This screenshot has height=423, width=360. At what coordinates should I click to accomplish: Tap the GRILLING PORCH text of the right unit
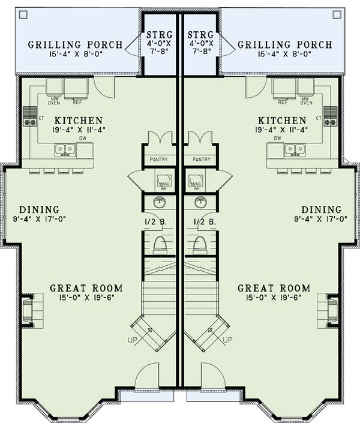[x=285, y=45]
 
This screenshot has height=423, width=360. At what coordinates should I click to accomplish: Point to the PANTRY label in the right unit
[x=197, y=160]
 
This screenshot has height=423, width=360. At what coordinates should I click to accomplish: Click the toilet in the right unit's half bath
[x=201, y=244]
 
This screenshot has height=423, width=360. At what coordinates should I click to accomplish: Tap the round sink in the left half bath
[x=159, y=202]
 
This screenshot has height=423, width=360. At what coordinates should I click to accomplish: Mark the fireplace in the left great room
[x=28, y=310]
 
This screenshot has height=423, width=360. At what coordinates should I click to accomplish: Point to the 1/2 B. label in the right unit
[x=203, y=221]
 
